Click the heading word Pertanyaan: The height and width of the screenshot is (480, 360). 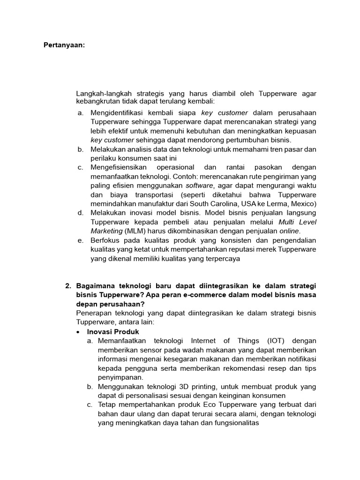(x=65, y=45)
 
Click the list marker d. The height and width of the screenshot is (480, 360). (x=81, y=213)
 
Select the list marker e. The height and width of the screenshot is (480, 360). (x=81, y=240)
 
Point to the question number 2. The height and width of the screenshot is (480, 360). (x=67, y=285)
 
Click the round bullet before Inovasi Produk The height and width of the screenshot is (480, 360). (x=79, y=332)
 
